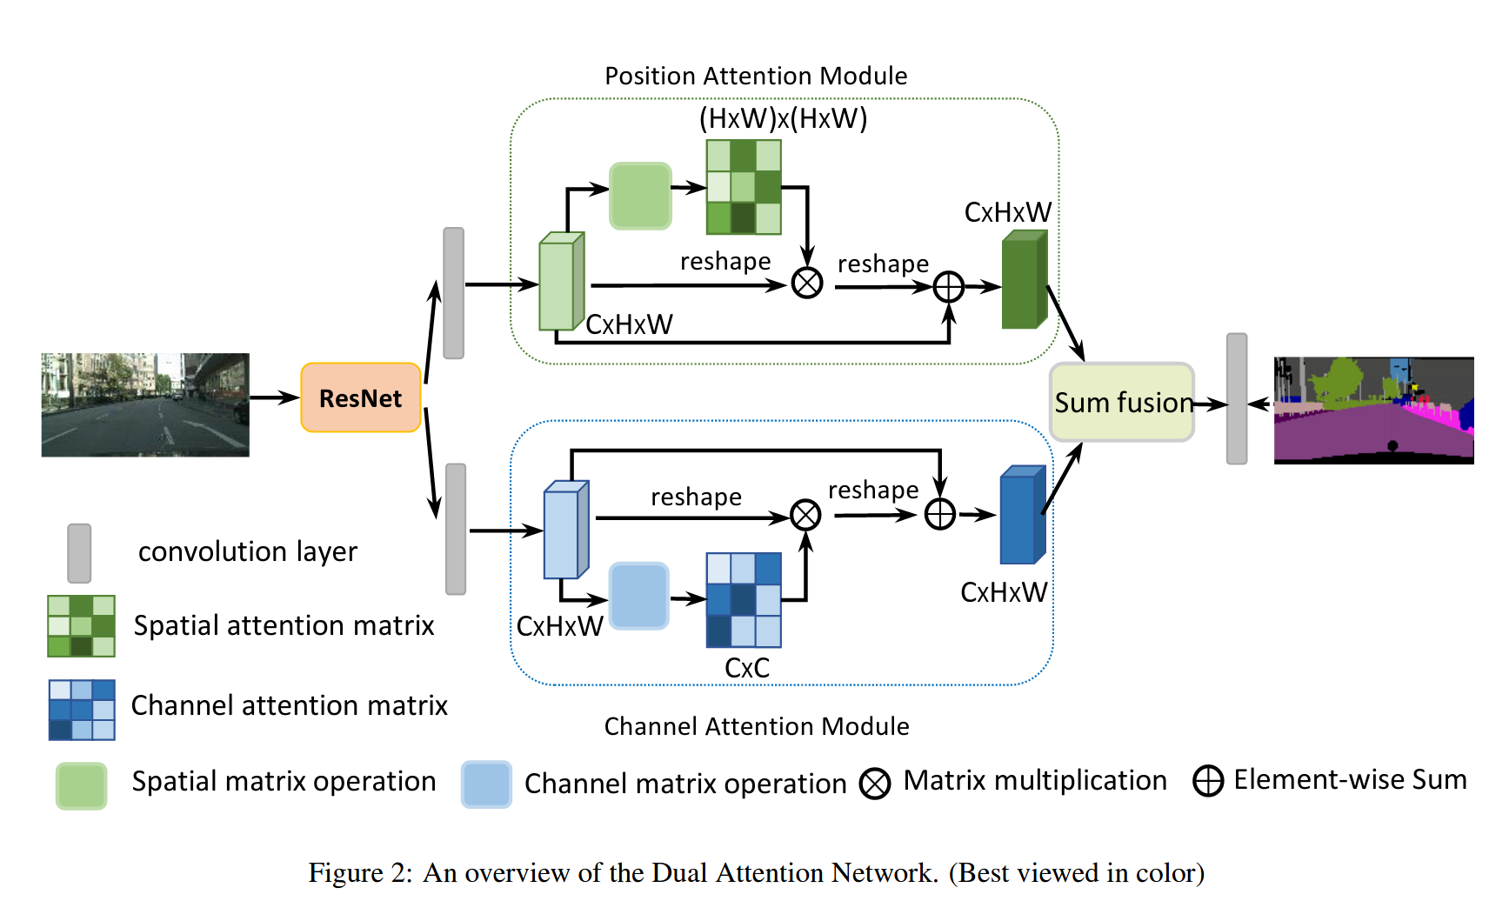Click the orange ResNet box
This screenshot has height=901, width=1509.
(x=361, y=397)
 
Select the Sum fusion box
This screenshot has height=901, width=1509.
(x=1122, y=402)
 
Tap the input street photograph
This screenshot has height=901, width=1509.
(x=145, y=404)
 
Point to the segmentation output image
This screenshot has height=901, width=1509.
(x=1373, y=410)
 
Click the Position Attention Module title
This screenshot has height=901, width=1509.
(x=756, y=76)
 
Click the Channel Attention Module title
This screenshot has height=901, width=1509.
(x=757, y=726)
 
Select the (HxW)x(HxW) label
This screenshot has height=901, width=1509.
(x=783, y=118)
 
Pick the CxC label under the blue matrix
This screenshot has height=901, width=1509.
(x=747, y=668)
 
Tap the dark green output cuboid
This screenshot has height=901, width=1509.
(x=1024, y=280)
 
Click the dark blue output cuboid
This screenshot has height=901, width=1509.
(x=1022, y=516)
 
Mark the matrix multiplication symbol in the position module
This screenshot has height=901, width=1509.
(x=807, y=283)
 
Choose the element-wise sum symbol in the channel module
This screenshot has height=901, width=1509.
(x=940, y=514)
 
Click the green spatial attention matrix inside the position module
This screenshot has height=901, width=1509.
(x=744, y=187)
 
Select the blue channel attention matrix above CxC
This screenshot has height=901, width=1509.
(x=744, y=600)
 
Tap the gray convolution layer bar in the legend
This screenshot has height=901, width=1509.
(x=79, y=553)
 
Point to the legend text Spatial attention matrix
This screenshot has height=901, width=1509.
(x=284, y=625)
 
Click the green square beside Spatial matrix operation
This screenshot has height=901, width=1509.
(x=81, y=785)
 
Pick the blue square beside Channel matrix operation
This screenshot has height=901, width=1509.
(x=486, y=784)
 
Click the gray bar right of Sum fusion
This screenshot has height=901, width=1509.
(x=1237, y=399)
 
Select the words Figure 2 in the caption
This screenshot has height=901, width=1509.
(x=359, y=872)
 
